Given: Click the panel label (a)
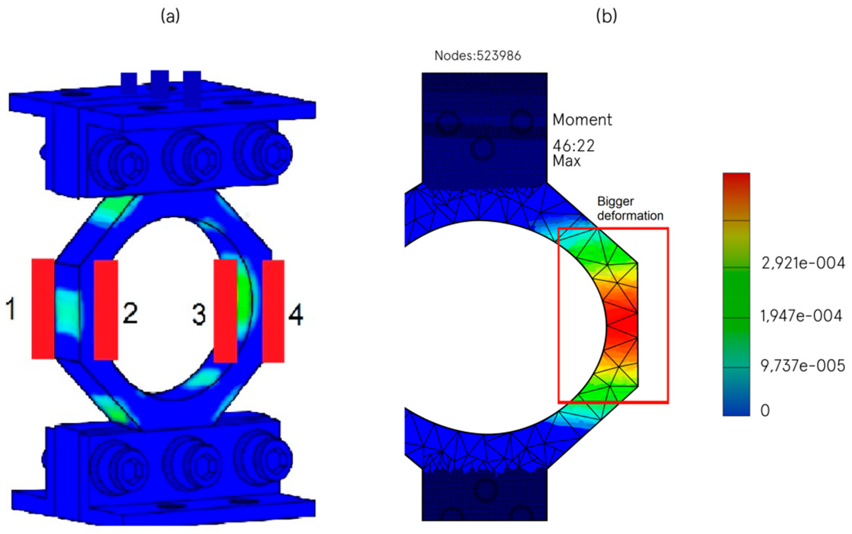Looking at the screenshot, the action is point(170,16).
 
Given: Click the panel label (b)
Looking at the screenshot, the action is point(607,16).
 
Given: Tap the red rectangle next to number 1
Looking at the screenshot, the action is point(43,309).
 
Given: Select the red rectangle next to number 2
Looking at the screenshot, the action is point(106,310).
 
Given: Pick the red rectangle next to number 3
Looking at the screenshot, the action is point(225,311).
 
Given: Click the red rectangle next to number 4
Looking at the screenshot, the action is point(273,311).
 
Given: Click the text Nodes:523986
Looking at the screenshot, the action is point(478,56).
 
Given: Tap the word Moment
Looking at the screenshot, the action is point(582,120).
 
